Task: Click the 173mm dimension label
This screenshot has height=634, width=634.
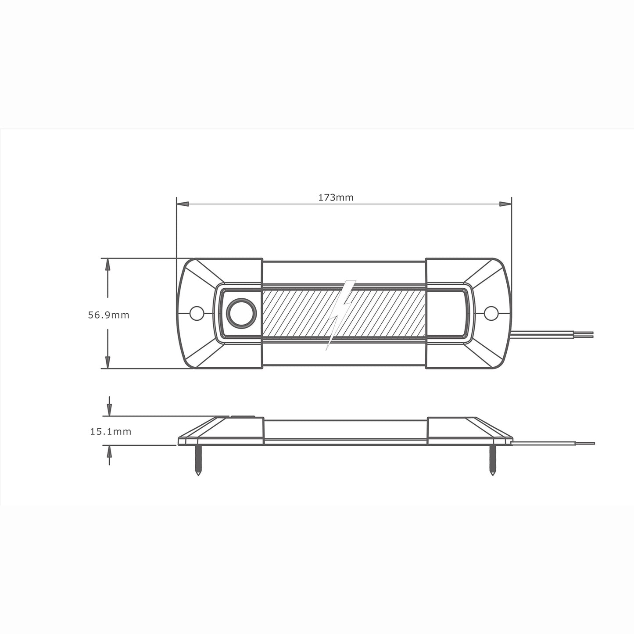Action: click(x=336, y=197)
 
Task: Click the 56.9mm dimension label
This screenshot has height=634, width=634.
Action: click(x=109, y=315)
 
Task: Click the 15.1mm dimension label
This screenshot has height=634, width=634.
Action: click(x=111, y=432)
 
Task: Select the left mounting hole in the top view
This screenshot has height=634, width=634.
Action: click(x=197, y=313)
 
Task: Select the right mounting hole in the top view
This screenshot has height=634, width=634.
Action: click(x=491, y=313)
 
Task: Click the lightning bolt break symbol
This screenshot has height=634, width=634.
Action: click(x=340, y=314)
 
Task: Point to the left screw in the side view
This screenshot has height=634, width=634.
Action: click(x=198, y=461)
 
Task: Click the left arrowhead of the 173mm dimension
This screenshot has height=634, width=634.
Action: click(x=183, y=204)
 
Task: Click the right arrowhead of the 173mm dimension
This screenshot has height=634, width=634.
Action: click(x=505, y=204)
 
